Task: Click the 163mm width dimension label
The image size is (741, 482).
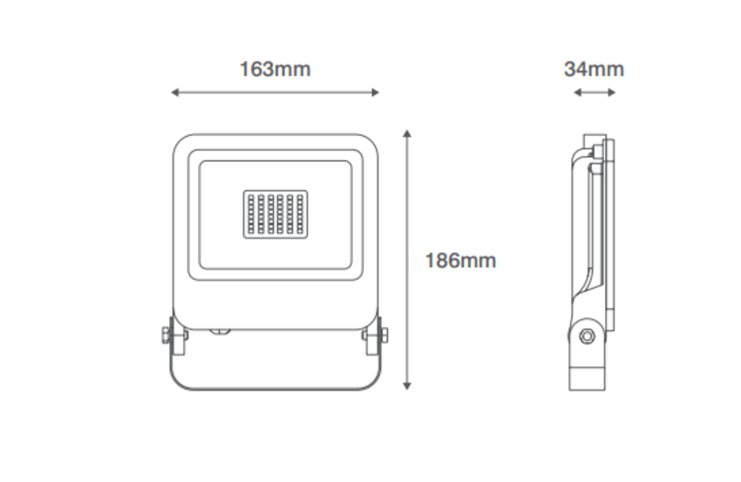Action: pos(275,69)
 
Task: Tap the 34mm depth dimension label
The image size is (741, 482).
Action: pos(594,69)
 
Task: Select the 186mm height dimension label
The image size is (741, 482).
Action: pos(461,261)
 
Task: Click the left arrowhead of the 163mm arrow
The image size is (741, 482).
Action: pos(175,92)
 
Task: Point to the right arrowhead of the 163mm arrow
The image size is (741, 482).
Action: pos(376,92)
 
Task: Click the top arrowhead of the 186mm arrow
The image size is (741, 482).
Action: pos(407,133)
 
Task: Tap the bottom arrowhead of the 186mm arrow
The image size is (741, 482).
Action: pos(407,386)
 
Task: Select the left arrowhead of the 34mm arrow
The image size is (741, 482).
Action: pos(577,92)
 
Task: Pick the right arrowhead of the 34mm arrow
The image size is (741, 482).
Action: pos(611,92)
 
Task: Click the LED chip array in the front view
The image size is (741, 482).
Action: pos(275,214)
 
